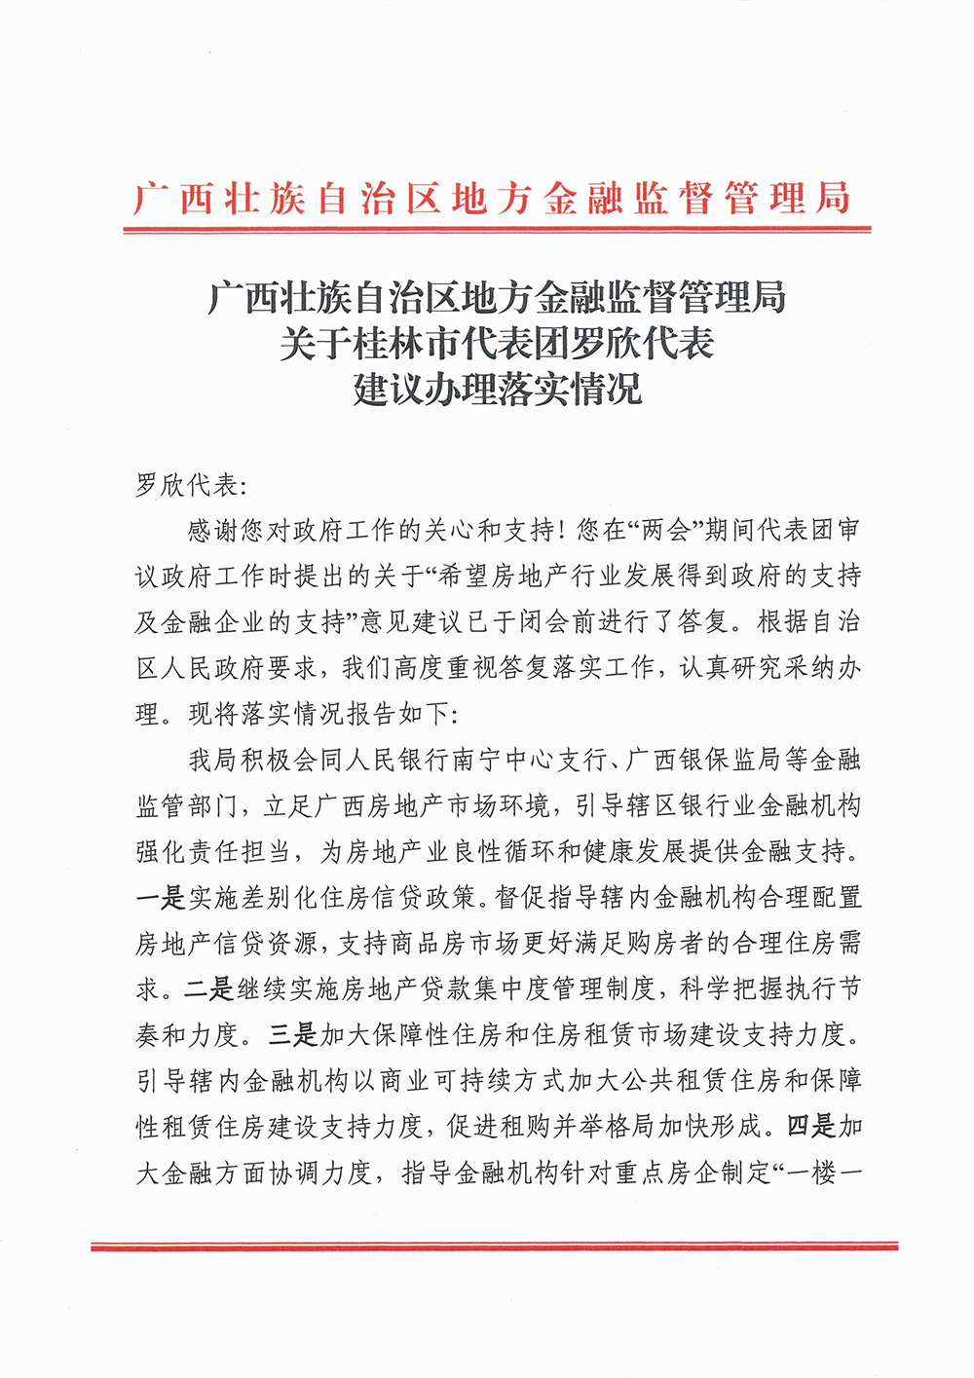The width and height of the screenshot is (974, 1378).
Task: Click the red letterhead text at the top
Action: tap(492, 198)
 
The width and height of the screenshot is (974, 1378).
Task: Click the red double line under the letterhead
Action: tap(497, 230)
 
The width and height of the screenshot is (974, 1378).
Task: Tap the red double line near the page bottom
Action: tap(495, 1246)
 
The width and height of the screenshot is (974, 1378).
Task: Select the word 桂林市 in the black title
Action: tap(392, 344)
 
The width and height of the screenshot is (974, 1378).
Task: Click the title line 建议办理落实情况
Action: tap(497, 390)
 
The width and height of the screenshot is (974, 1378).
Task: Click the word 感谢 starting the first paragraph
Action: tap(213, 530)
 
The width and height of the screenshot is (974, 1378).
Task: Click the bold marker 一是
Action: tap(160, 896)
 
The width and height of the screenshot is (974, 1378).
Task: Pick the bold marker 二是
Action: tap(208, 988)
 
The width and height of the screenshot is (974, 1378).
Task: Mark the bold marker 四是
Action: tap(810, 1126)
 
